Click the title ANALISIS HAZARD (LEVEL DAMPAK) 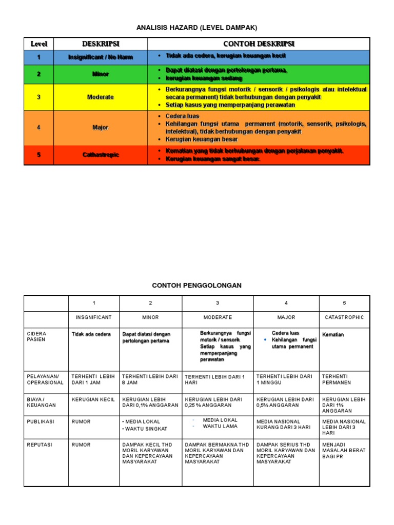pyautogui.click(x=196, y=27)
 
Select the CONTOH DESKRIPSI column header pyautogui.click(x=259, y=44)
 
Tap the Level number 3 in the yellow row pyautogui.click(x=38, y=97)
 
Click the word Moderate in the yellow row pyautogui.click(x=101, y=97)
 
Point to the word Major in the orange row pyautogui.click(x=101, y=128)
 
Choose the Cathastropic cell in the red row pyautogui.click(x=101, y=155)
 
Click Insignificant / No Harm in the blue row pyautogui.click(x=101, y=57)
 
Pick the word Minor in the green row pyautogui.click(x=101, y=74)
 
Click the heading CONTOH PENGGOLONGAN pyautogui.click(x=196, y=285)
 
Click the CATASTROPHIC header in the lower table pyautogui.click(x=344, y=317)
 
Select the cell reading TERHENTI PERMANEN pyautogui.click(x=338, y=379)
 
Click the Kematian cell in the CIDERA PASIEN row pyautogui.click(x=333, y=335)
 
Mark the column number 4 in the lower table pyautogui.click(x=286, y=303)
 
